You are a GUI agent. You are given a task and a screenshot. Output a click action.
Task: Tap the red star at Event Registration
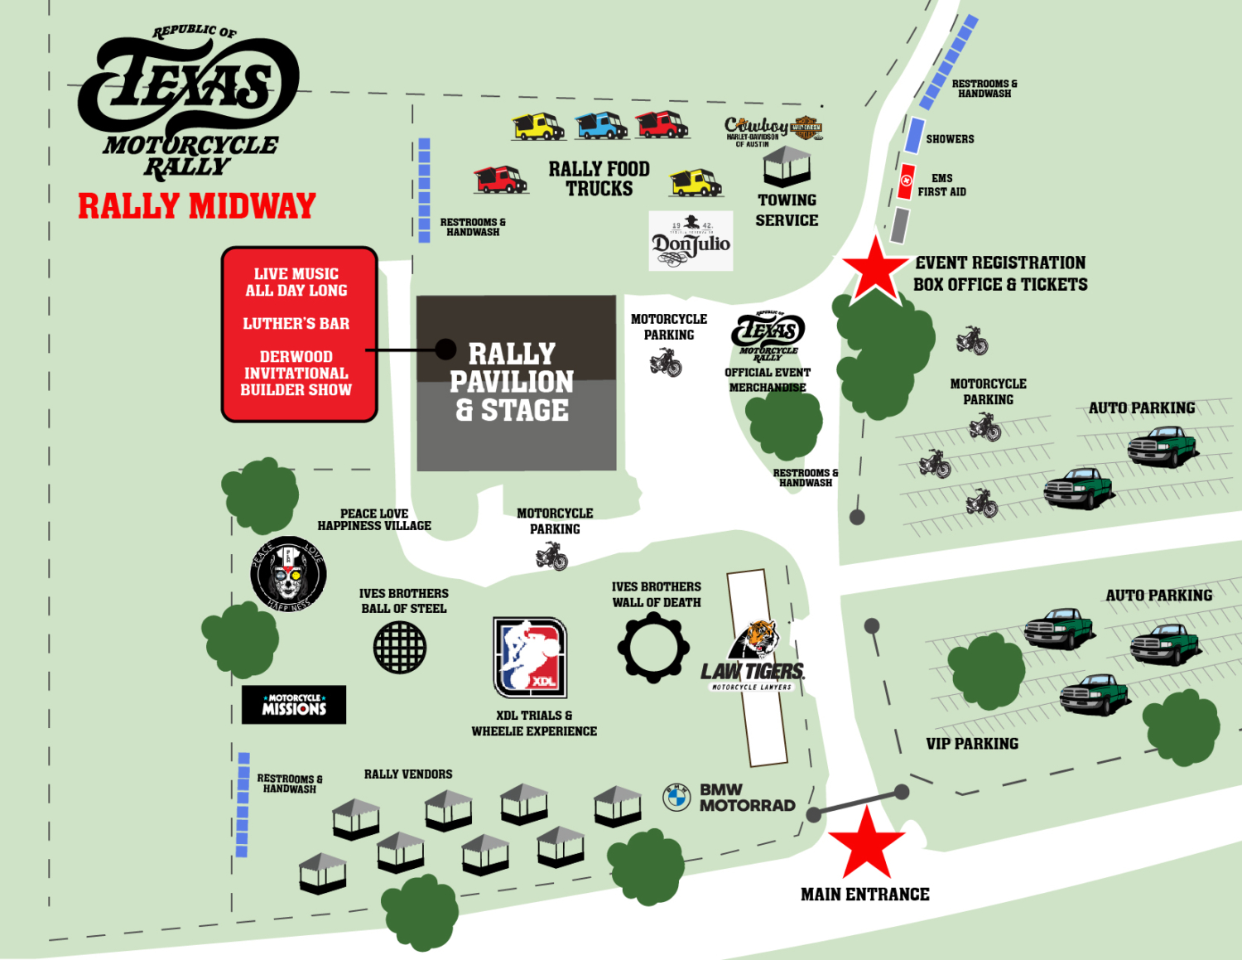(875, 268)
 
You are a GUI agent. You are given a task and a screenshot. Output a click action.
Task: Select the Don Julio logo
(691, 241)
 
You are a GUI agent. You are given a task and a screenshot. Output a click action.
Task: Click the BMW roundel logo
(676, 797)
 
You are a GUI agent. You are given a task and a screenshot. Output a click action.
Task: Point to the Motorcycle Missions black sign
(294, 705)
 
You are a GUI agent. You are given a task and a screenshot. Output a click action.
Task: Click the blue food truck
(601, 125)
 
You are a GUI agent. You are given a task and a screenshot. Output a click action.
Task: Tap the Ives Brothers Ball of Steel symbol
(400, 647)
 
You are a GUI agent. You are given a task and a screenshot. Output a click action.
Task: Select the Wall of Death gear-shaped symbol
(653, 647)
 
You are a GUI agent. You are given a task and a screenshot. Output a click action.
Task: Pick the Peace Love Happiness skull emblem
(288, 573)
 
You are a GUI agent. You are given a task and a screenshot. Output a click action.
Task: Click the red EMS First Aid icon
(907, 181)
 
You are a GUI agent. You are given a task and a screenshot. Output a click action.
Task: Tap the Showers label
(950, 139)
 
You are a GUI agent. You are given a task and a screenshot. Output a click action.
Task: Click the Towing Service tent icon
(787, 166)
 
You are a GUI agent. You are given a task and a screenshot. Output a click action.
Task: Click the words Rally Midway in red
(197, 206)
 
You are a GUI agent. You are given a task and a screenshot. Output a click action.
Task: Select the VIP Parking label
(972, 744)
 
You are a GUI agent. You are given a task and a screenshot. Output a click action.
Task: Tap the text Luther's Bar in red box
(296, 324)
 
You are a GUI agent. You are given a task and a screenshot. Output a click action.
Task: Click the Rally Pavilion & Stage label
(512, 382)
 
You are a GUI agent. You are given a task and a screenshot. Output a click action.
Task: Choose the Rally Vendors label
(408, 774)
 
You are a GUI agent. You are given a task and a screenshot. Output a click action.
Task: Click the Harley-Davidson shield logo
(806, 128)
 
